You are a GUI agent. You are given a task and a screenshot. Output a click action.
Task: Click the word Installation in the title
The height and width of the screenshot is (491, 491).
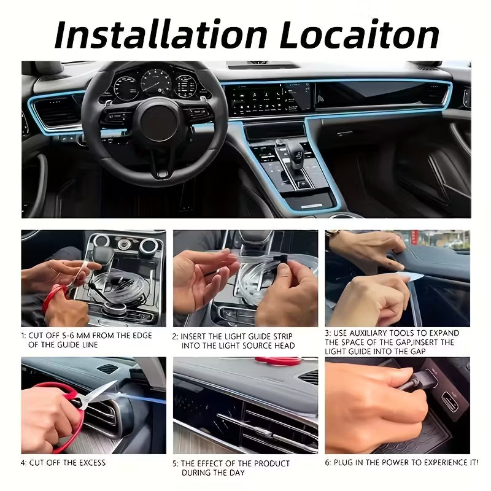(160, 34)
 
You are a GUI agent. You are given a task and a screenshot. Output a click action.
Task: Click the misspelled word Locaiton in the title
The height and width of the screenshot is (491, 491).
(359, 34)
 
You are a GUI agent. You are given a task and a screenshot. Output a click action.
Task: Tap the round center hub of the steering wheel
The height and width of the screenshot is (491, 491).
(159, 122)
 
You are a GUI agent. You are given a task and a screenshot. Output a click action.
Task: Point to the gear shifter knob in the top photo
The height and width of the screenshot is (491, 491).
(295, 150)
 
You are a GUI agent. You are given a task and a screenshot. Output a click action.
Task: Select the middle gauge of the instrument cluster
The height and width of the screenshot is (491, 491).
(157, 83)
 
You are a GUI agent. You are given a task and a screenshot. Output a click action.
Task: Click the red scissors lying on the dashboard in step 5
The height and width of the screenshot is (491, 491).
(277, 361)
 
